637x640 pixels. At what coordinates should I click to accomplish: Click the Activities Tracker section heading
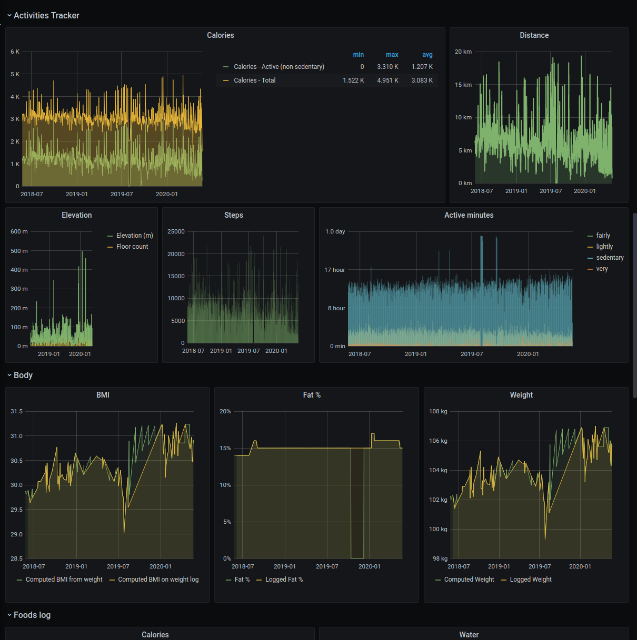(x=46, y=16)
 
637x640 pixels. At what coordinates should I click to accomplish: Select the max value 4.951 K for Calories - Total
(x=387, y=80)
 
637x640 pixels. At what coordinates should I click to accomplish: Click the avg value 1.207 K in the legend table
(x=422, y=67)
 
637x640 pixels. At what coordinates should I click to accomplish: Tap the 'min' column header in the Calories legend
(x=359, y=55)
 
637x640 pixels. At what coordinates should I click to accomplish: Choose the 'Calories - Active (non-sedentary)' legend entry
(x=278, y=67)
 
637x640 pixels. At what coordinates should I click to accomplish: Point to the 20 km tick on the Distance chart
(x=463, y=52)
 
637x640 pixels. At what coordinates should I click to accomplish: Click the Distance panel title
(x=534, y=35)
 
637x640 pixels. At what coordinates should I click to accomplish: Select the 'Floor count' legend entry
(x=132, y=247)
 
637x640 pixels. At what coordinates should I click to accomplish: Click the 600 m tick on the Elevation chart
(x=19, y=231)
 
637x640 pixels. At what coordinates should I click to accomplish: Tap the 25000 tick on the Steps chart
(x=176, y=231)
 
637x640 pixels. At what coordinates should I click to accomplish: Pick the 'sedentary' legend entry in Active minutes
(x=610, y=258)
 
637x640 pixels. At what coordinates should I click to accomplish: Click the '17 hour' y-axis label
(x=335, y=270)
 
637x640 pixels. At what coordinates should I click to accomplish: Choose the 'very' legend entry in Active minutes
(x=602, y=269)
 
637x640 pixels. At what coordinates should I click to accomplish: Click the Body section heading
(x=23, y=375)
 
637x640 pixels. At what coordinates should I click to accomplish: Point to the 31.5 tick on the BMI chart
(x=17, y=411)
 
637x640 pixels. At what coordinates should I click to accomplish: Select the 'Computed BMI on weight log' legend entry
(x=158, y=580)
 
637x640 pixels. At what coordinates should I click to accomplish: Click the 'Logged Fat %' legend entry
(x=284, y=580)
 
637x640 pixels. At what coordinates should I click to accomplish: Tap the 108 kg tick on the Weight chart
(x=438, y=411)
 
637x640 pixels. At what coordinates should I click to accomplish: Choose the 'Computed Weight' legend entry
(x=469, y=580)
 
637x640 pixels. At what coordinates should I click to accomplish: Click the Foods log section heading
(x=32, y=615)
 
